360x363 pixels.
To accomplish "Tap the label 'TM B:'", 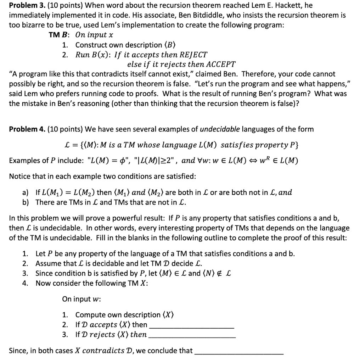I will tap(59, 35).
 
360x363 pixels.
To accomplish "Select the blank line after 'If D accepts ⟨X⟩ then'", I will tap(192, 326).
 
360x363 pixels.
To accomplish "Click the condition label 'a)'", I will tap(26, 192).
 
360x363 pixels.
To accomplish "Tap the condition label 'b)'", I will tap(26, 202).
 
